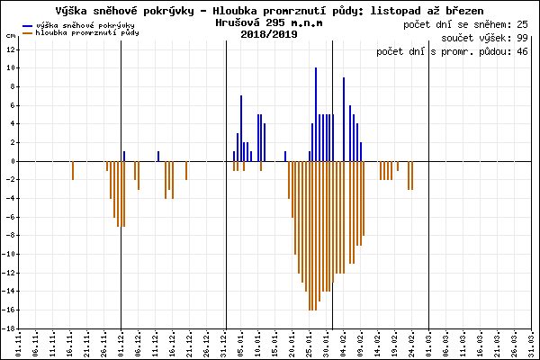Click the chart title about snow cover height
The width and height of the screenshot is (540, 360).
point(269,8)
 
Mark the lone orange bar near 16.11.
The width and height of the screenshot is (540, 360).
point(73,170)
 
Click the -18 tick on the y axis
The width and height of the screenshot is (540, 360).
point(8,328)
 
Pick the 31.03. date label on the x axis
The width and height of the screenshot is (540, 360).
point(533,344)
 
